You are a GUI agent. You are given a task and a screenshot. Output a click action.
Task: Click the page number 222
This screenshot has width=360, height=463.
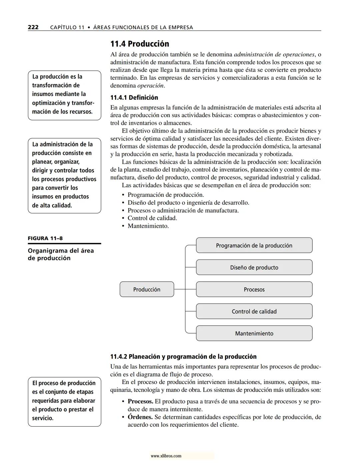[x=33, y=27]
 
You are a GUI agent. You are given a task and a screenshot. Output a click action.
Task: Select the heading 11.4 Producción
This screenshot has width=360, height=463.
[x=140, y=44]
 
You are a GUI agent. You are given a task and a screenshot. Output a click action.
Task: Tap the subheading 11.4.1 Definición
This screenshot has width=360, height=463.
[x=134, y=97]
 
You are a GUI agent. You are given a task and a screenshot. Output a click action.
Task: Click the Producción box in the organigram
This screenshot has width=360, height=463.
[x=147, y=289]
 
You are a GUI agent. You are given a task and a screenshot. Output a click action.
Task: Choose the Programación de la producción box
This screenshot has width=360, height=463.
[x=254, y=246]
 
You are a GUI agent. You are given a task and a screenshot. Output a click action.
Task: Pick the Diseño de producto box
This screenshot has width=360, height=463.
[x=254, y=268]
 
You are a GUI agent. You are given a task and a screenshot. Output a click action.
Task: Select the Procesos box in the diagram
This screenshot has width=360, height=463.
[x=254, y=290]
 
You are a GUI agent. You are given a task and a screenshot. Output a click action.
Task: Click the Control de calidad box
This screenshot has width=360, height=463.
[x=254, y=312]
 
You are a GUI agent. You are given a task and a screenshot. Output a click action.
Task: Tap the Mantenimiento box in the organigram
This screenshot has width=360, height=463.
[x=254, y=334]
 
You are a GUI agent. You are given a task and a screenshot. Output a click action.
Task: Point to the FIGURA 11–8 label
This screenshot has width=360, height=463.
[x=45, y=238]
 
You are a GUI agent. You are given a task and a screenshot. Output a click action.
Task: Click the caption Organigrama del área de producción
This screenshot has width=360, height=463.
[x=61, y=254]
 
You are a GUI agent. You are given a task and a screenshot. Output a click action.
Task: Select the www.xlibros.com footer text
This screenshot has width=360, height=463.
[x=166, y=456]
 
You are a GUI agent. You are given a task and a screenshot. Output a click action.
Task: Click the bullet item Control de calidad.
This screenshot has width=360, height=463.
[x=152, y=218]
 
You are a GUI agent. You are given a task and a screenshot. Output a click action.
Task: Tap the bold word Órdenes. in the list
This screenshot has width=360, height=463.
[x=140, y=417]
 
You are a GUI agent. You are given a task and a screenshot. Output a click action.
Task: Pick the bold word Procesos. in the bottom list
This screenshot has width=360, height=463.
[x=140, y=401]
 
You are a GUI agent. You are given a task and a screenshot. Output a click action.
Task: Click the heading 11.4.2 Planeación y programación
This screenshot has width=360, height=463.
[x=183, y=356]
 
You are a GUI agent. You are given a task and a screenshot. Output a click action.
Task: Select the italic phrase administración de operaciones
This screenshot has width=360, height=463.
[x=274, y=54]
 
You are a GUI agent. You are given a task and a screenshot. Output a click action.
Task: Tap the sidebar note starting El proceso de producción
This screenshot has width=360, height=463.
[x=64, y=401]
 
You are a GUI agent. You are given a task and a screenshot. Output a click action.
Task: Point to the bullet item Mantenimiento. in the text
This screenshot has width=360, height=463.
[x=148, y=226]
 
